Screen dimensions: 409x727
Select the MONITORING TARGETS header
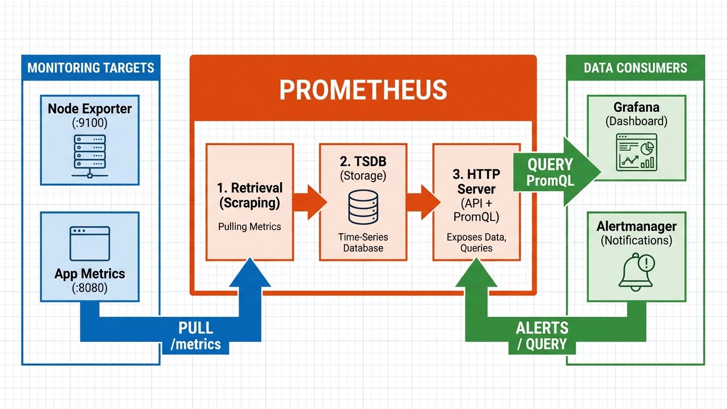click(x=91, y=68)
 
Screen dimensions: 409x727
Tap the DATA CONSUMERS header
click(x=635, y=68)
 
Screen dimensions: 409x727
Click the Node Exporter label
click(x=89, y=109)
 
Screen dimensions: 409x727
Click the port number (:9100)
click(x=89, y=124)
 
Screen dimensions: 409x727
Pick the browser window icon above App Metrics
click(x=89, y=243)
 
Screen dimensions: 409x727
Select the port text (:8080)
click(x=89, y=288)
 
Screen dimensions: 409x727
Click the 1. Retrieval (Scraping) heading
click(x=249, y=195)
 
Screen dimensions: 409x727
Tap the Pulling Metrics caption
click(x=249, y=226)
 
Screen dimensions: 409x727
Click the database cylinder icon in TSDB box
click(x=363, y=207)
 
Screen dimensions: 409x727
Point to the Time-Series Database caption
click(x=363, y=242)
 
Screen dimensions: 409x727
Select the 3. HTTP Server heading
click(x=476, y=182)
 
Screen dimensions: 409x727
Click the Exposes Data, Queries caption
click(x=476, y=243)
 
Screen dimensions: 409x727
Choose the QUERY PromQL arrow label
click(x=550, y=172)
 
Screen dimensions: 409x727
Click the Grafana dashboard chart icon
click(x=636, y=152)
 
